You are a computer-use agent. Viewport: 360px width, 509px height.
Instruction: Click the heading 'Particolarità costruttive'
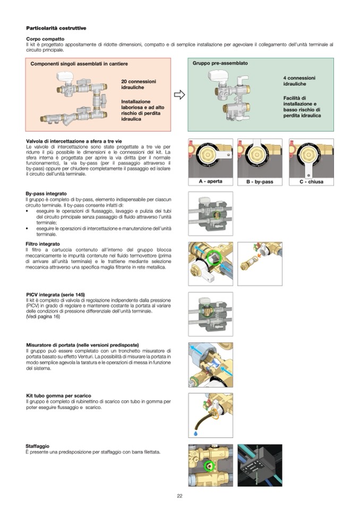tap(56, 28)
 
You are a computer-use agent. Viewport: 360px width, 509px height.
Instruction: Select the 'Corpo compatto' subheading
tap(45, 39)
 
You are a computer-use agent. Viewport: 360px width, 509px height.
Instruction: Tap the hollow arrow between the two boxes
tap(179, 95)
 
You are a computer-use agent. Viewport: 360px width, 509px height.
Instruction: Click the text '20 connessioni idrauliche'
tap(139, 84)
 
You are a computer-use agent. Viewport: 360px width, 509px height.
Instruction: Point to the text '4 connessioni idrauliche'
tap(299, 81)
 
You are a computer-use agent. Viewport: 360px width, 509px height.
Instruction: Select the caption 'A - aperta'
tap(210, 182)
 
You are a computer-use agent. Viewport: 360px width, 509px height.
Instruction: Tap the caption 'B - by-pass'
tap(260, 182)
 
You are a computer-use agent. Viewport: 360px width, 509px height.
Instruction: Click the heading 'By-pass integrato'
tap(46, 194)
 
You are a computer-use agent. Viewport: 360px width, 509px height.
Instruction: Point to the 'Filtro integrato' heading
tap(42, 244)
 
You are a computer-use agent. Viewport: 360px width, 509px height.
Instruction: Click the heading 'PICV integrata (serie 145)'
tap(55, 295)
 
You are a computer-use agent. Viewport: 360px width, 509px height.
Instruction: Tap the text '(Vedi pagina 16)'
tap(43, 317)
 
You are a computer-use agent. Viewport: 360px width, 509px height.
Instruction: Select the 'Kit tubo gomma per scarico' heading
tap(58, 396)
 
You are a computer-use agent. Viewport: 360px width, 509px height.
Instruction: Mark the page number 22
tap(179, 496)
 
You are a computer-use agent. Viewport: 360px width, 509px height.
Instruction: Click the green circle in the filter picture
tap(215, 258)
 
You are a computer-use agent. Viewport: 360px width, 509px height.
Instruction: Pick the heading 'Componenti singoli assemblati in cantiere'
tap(79, 64)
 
